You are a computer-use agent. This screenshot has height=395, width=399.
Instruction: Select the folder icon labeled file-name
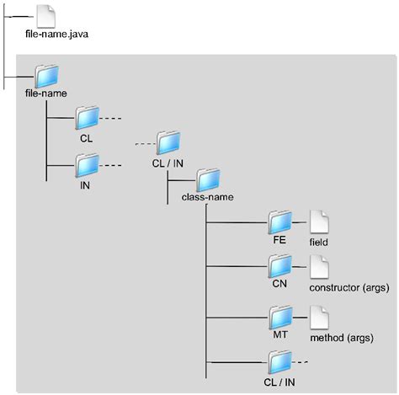(x=47, y=74)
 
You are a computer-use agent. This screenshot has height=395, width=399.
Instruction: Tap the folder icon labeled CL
(x=88, y=118)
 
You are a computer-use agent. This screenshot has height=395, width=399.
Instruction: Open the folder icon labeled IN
(x=88, y=163)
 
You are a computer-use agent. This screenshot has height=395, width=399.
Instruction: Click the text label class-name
(x=208, y=199)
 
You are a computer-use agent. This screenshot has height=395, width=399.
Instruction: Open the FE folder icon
(x=280, y=222)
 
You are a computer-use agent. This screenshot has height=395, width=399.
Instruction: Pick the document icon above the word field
(x=319, y=222)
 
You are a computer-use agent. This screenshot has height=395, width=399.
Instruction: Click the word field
(x=318, y=242)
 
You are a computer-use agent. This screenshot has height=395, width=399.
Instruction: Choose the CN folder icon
(x=280, y=269)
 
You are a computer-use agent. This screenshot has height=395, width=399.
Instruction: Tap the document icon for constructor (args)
(x=319, y=269)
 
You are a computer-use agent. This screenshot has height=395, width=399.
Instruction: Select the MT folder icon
(x=280, y=318)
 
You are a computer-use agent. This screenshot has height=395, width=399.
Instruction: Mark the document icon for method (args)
(x=319, y=318)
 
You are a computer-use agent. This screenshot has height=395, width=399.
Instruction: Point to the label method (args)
(x=338, y=337)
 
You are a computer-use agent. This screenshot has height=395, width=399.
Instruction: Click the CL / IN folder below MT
(x=279, y=362)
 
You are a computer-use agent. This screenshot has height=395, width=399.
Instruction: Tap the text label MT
(x=279, y=335)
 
